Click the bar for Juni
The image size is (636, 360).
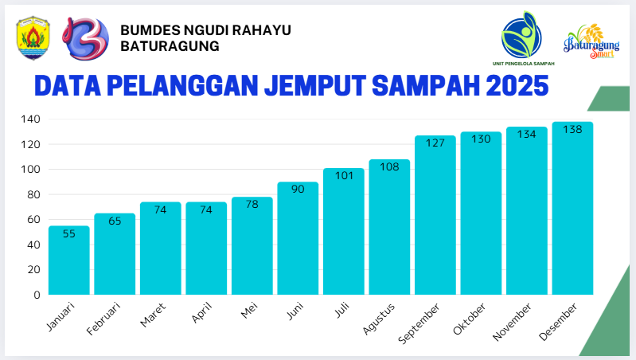(298, 239)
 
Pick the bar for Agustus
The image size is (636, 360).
(389, 228)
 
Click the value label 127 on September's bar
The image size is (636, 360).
(435, 144)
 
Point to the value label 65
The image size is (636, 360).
(115, 221)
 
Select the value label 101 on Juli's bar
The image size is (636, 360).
(343, 176)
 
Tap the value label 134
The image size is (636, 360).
(526, 135)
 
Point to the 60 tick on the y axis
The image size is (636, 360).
(33, 219)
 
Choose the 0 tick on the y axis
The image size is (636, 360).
(37, 295)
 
